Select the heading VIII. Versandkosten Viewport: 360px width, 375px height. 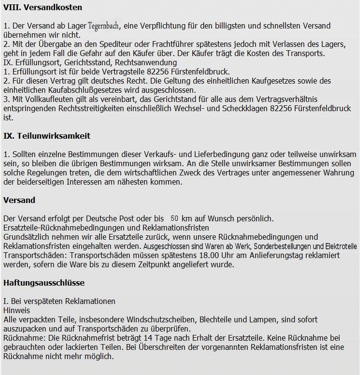pos(43,7)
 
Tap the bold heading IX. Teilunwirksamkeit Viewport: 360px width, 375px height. pos(47,136)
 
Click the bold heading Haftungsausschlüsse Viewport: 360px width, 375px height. pos(44,282)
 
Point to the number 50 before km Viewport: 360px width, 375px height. pos(175,218)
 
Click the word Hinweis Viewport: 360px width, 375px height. pos(16,311)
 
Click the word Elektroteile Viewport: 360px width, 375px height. pos(341,246)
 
